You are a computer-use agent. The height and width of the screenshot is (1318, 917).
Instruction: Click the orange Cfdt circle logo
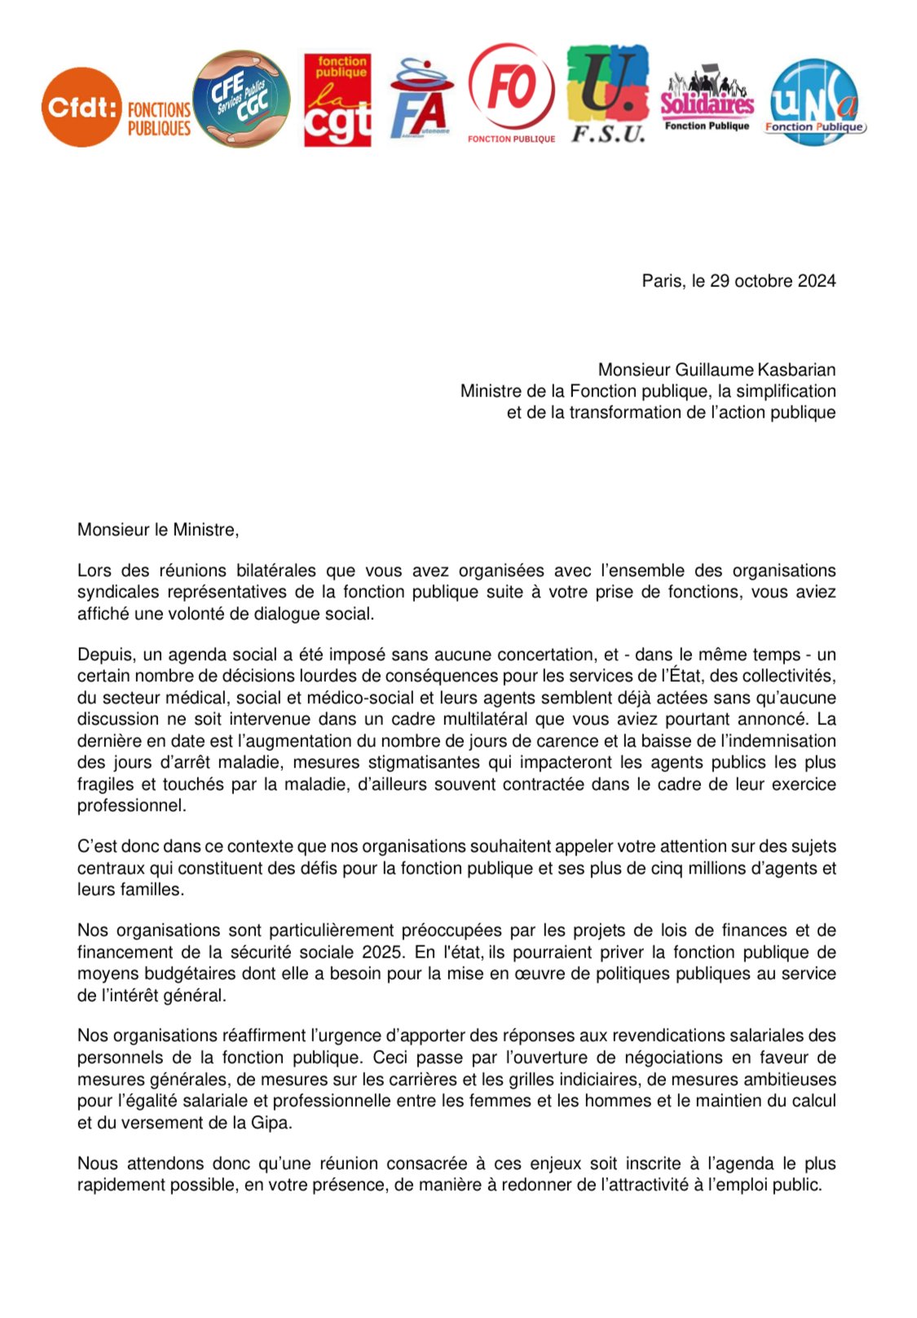(x=82, y=107)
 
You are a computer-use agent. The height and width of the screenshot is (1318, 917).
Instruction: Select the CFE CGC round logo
(x=241, y=99)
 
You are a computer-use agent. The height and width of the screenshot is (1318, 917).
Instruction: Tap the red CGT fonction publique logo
(x=337, y=101)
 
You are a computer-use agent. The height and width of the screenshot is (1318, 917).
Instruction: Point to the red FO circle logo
(x=511, y=88)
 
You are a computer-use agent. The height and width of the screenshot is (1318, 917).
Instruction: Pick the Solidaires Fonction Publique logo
(x=707, y=101)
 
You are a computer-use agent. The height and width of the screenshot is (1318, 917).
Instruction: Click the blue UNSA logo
(x=814, y=102)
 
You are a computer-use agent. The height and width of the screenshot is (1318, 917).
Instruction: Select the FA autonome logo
(x=420, y=100)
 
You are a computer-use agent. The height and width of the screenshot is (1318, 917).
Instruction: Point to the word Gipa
(x=271, y=1123)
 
